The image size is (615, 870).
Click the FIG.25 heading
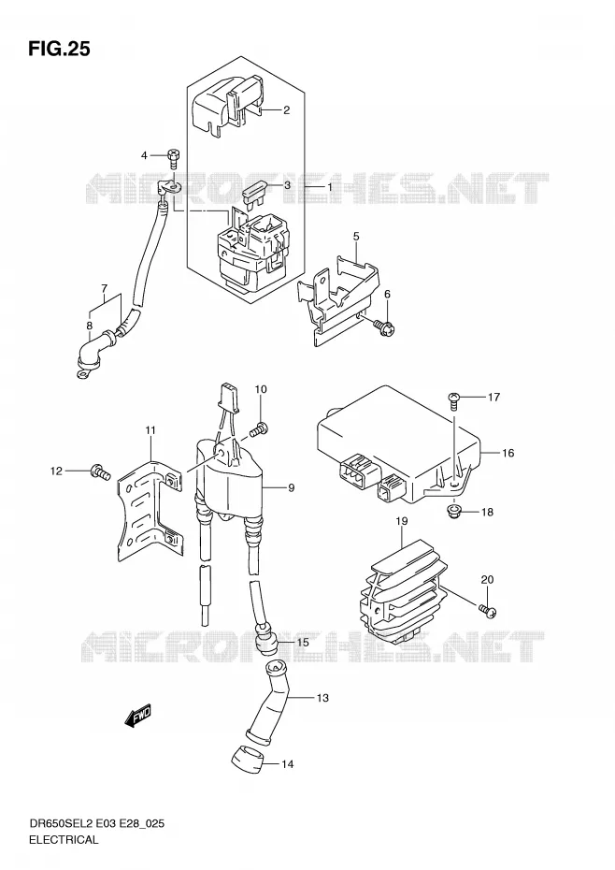(59, 50)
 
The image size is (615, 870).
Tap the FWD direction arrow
(137, 716)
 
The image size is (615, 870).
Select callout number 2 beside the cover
(286, 109)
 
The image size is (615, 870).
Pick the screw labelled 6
(384, 326)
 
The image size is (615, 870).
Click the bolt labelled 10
(259, 428)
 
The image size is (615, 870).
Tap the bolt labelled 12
(100, 472)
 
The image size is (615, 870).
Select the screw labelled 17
(453, 400)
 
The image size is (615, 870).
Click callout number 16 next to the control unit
(508, 453)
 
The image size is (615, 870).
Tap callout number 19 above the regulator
(402, 521)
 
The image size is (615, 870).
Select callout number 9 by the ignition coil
(291, 487)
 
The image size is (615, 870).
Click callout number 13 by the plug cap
(322, 698)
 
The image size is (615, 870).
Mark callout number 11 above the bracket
(150, 430)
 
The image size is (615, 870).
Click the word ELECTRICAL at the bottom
(64, 839)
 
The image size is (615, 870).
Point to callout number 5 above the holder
(356, 237)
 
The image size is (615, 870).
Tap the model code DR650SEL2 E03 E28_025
(96, 824)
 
